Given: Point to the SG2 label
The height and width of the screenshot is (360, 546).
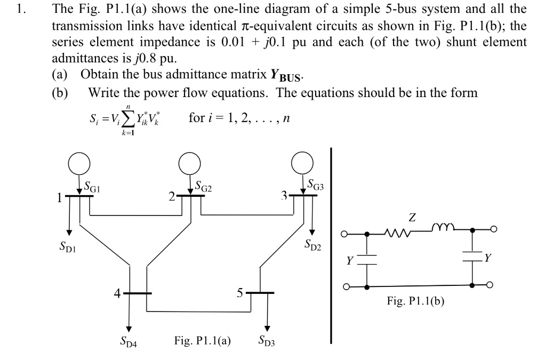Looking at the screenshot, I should [205, 187].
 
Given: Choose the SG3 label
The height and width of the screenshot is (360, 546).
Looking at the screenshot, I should [318, 186].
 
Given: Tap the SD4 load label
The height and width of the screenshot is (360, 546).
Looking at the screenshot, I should [129, 341].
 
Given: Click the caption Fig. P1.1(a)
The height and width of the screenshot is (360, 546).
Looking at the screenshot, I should [202, 340].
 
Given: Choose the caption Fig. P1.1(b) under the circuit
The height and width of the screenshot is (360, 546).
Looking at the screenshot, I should [415, 302].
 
